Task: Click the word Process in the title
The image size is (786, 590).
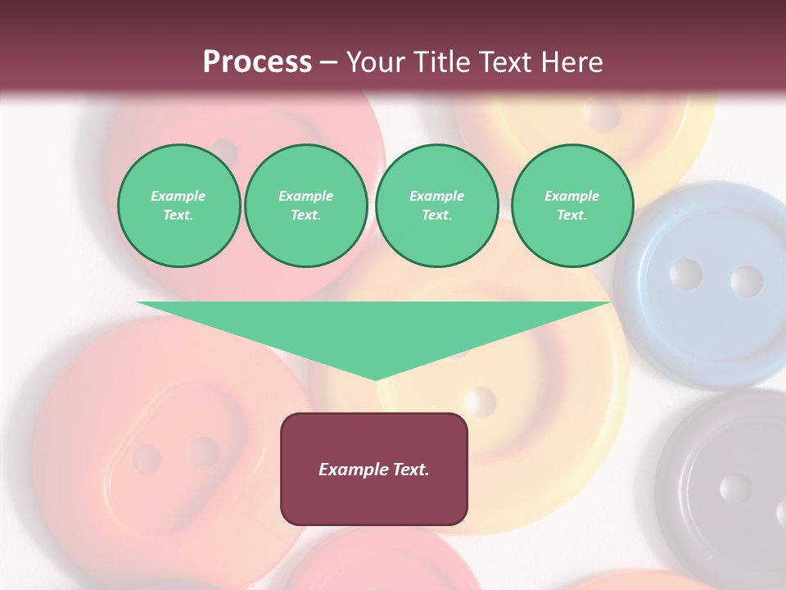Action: click(257, 62)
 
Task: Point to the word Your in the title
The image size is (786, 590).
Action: click(377, 62)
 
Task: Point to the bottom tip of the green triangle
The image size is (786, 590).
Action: click(375, 379)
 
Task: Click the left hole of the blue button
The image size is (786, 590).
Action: click(684, 274)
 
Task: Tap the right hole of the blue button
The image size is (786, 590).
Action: click(746, 281)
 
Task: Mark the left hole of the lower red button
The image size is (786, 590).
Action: click(147, 459)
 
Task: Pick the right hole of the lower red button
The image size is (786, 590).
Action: click(202, 452)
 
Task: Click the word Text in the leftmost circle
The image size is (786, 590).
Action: click(178, 216)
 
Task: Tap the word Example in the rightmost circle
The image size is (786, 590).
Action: click(572, 196)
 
